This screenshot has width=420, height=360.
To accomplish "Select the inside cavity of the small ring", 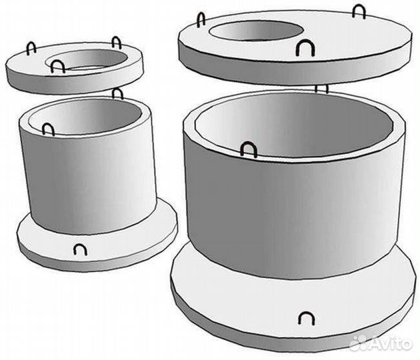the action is [x=86, y=117].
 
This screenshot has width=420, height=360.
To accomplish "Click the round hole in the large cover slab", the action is [x=257, y=31].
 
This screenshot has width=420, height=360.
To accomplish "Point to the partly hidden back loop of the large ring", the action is [x=321, y=89].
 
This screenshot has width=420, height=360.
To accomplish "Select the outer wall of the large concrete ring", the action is [x=295, y=214].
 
